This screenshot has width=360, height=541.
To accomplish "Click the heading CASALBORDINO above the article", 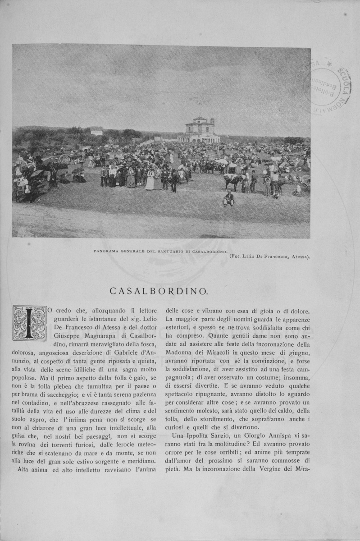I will click(158, 292).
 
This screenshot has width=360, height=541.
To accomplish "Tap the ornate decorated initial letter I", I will click(29, 323).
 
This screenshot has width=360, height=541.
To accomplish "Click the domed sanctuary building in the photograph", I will click(199, 130).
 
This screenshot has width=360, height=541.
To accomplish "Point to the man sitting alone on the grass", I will click(229, 198).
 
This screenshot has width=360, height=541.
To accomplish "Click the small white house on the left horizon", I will click(96, 131).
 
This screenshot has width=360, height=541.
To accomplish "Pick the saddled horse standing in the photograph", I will click(232, 181).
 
